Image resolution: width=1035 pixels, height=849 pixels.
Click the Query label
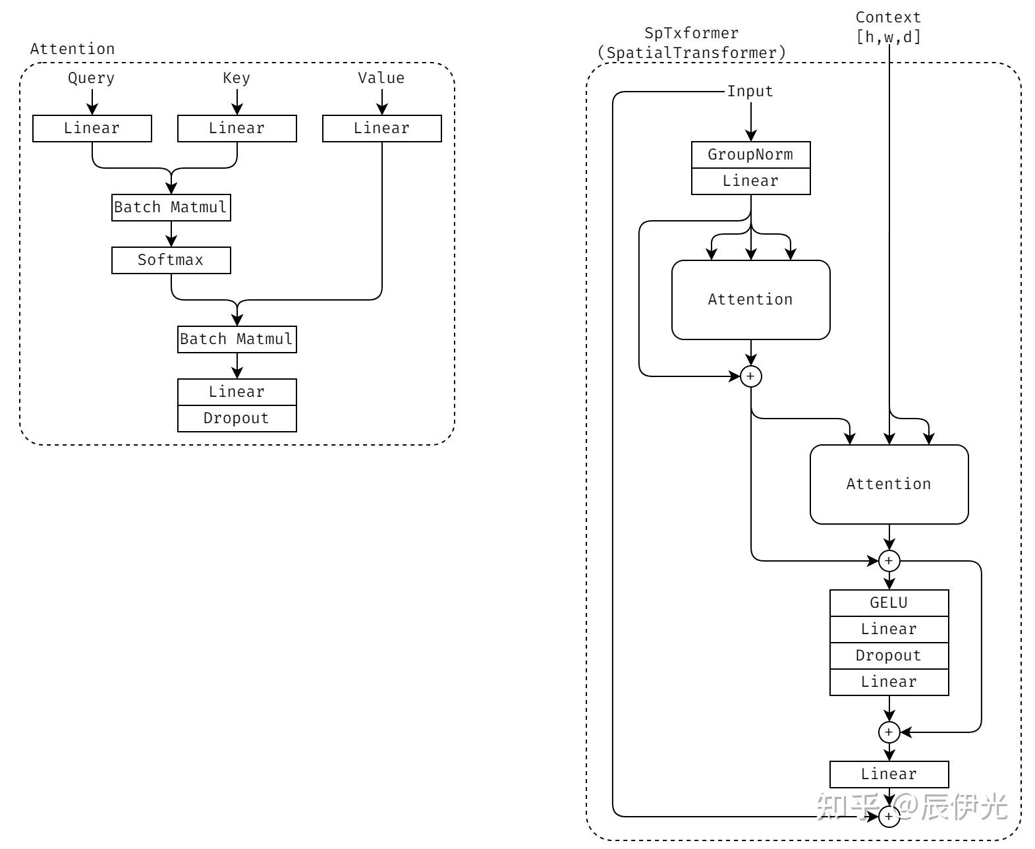(x=92, y=78)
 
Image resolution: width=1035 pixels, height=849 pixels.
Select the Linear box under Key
(x=237, y=128)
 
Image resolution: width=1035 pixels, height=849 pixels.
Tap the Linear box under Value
(x=381, y=128)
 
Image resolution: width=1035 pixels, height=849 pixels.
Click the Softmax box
(x=171, y=260)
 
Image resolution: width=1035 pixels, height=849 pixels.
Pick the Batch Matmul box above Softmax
(x=171, y=207)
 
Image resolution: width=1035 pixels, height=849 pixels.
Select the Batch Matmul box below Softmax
(x=237, y=339)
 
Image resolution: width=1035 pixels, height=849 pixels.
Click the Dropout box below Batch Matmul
(x=237, y=418)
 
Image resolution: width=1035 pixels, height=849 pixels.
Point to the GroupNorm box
(x=750, y=154)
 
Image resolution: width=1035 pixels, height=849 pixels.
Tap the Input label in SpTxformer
(x=750, y=91)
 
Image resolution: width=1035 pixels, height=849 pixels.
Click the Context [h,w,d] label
(x=888, y=27)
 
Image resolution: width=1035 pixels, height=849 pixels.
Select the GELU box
(x=889, y=602)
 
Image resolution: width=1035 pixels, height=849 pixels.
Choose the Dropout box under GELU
(x=889, y=655)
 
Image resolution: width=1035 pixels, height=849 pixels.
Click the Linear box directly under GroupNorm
(x=750, y=181)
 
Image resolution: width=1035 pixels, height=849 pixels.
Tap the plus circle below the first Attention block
(x=751, y=376)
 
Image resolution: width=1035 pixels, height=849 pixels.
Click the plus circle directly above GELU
(x=889, y=561)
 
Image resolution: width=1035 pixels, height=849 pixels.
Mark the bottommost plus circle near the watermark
(x=889, y=817)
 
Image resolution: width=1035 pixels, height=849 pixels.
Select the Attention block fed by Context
(x=889, y=484)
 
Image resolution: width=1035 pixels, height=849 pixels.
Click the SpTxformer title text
(x=692, y=33)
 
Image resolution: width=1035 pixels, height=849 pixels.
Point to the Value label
(x=381, y=78)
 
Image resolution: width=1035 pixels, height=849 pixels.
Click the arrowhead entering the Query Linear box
(x=92, y=110)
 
